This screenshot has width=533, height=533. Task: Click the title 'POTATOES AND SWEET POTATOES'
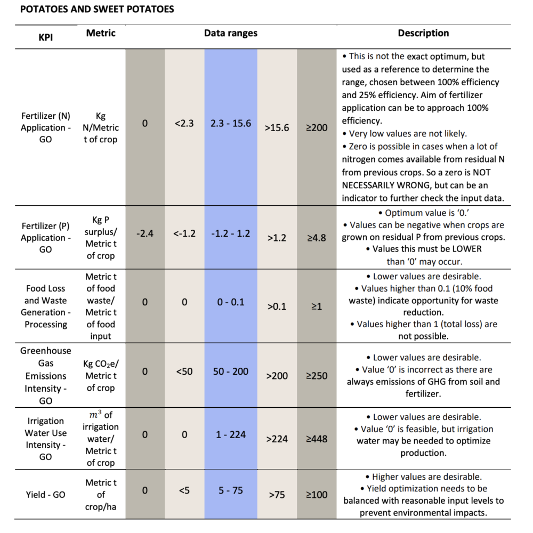click(x=97, y=9)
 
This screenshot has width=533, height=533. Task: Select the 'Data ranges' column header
click(x=230, y=33)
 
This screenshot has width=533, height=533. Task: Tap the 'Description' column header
click(x=423, y=33)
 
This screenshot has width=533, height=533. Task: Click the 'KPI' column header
click(x=45, y=37)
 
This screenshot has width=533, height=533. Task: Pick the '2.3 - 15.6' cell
click(x=230, y=123)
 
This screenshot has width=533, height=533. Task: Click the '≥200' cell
click(x=317, y=127)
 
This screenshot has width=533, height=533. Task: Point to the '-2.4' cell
click(x=145, y=233)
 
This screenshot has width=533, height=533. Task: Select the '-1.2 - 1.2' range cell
click(x=230, y=233)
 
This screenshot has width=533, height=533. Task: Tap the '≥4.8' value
click(x=317, y=238)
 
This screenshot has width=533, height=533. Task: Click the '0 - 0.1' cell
click(x=230, y=302)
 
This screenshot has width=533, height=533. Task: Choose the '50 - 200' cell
click(x=230, y=371)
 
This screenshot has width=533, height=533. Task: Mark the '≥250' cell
click(x=317, y=376)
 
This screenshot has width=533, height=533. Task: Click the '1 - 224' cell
click(x=230, y=434)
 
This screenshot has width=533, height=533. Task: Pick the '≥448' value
click(x=317, y=439)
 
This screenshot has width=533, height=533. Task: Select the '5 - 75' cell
click(x=230, y=490)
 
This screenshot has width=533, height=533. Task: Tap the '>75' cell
click(x=277, y=495)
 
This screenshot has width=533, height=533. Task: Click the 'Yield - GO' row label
click(x=45, y=495)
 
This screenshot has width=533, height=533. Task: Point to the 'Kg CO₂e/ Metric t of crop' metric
click(x=101, y=376)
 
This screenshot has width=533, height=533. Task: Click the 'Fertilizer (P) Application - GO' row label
click(x=45, y=238)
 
